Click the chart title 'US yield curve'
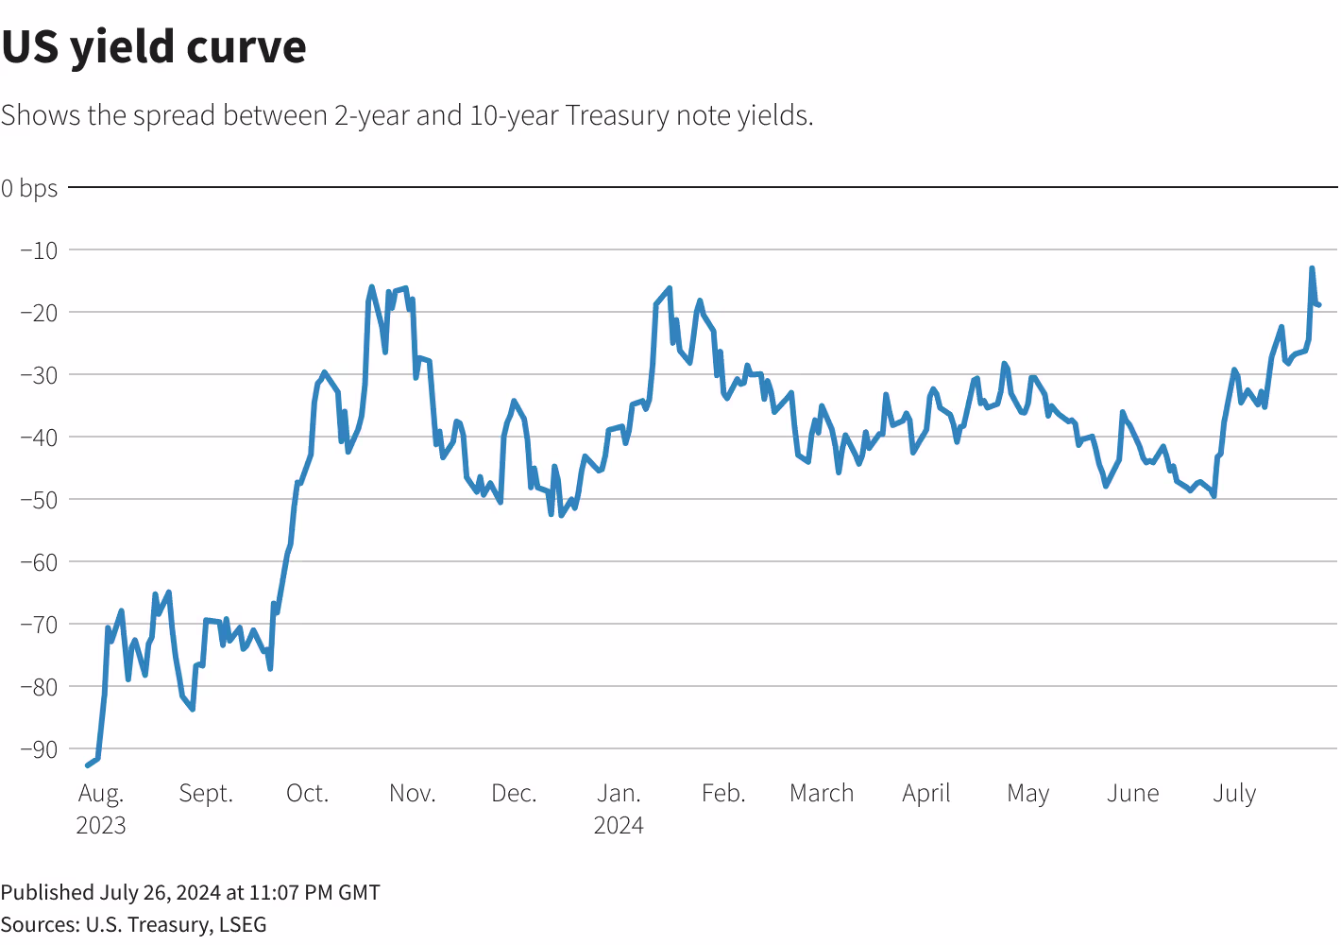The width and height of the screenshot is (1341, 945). (154, 47)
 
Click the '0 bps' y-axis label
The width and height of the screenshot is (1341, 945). (29, 188)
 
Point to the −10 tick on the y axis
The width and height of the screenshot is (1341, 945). (39, 250)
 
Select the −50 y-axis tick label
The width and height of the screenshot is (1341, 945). (39, 499)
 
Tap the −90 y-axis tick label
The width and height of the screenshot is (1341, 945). (39, 749)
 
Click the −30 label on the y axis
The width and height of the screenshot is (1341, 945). (39, 375)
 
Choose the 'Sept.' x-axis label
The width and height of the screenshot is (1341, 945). (206, 793)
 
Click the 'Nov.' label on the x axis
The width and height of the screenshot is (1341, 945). (413, 793)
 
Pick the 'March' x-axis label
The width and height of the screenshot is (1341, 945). (822, 793)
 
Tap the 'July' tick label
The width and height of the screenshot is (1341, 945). (1234, 793)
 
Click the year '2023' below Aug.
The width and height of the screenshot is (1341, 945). (101, 825)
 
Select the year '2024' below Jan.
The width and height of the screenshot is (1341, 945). (619, 825)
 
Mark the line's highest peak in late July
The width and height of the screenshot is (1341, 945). (1312, 268)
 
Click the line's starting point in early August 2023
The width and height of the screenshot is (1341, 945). (88, 765)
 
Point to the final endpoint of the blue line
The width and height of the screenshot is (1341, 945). (1318, 304)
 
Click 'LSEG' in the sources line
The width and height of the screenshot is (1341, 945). (243, 924)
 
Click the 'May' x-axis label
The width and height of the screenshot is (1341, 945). (1028, 793)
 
